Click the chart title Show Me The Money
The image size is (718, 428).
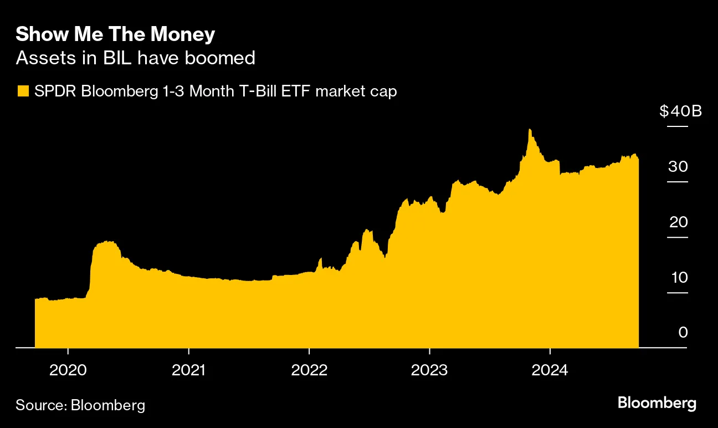tap(115, 35)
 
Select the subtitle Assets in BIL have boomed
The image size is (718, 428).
tap(135, 58)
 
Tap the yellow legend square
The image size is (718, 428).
tap(23, 91)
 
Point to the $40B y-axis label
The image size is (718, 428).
tap(680, 111)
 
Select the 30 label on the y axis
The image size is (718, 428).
tap(678, 167)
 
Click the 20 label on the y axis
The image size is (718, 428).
tap(678, 222)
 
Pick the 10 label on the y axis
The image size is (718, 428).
tap(678, 278)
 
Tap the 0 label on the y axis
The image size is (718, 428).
tap(683, 333)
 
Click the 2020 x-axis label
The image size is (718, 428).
tap(68, 370)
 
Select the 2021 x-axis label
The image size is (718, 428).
tap(188, 370)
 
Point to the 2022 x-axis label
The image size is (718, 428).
tap(309, 370)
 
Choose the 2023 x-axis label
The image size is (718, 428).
tap(429, 370)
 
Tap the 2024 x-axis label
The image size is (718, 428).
tap(550, 370)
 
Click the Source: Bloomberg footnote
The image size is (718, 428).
tap(80, 405)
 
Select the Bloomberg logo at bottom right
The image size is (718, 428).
tap(657, 403)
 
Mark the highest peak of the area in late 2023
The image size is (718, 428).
tap(530, 130)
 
